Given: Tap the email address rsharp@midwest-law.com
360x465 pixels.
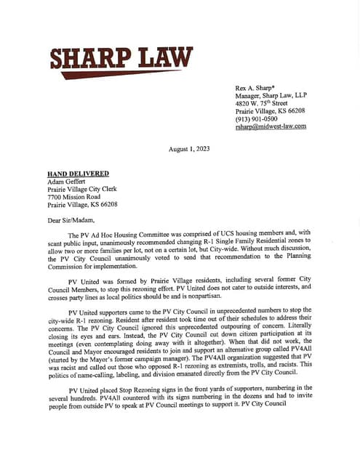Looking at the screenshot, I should (271, 126).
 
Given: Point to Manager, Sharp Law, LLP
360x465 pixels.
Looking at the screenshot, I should (276, 94).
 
